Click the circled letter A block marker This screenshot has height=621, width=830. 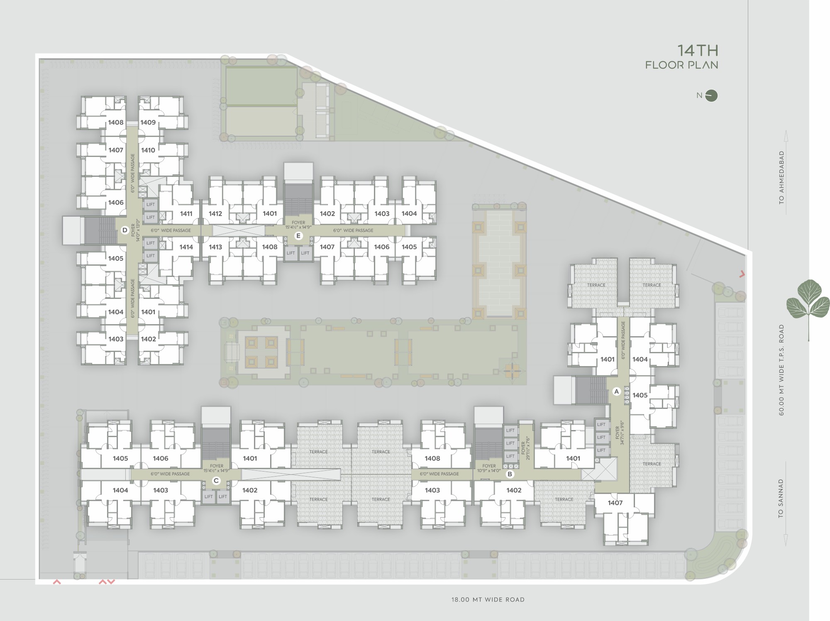(616, 391)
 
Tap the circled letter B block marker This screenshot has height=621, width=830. (510, 474)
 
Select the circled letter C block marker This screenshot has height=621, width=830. (216, 481)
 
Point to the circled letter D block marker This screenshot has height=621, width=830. (124, 230)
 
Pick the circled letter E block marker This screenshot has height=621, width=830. (298, 236)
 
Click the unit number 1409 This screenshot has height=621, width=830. (148, 122)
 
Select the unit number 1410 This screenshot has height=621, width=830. (148, 150)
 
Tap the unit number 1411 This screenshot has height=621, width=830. (186, 213)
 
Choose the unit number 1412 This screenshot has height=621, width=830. (215, 213)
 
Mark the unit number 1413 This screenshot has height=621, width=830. (215, 247)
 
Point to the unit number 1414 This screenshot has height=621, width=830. (186, 247)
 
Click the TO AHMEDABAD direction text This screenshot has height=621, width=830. (781, 178)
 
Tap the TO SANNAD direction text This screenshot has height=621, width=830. (781, 498)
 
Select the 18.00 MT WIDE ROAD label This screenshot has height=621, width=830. (488, 599)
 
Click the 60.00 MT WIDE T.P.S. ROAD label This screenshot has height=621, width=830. (781, 370)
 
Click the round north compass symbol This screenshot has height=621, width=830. (711, 96)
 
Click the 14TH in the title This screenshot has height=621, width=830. (698, 51)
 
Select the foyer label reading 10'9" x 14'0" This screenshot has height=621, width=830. (489, 470)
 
